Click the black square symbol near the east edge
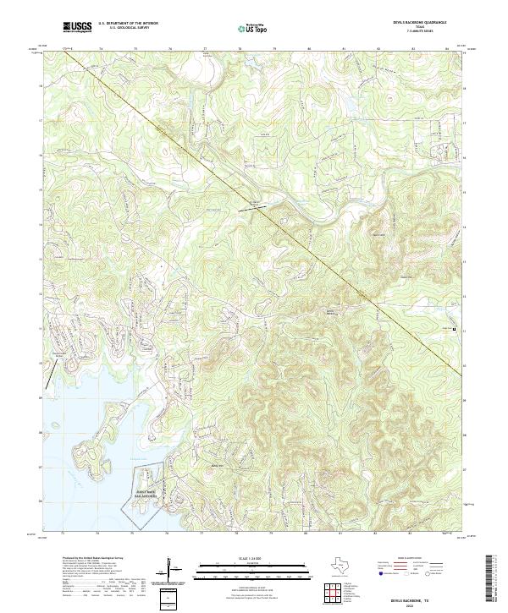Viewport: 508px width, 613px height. click(x=455, y=329)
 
